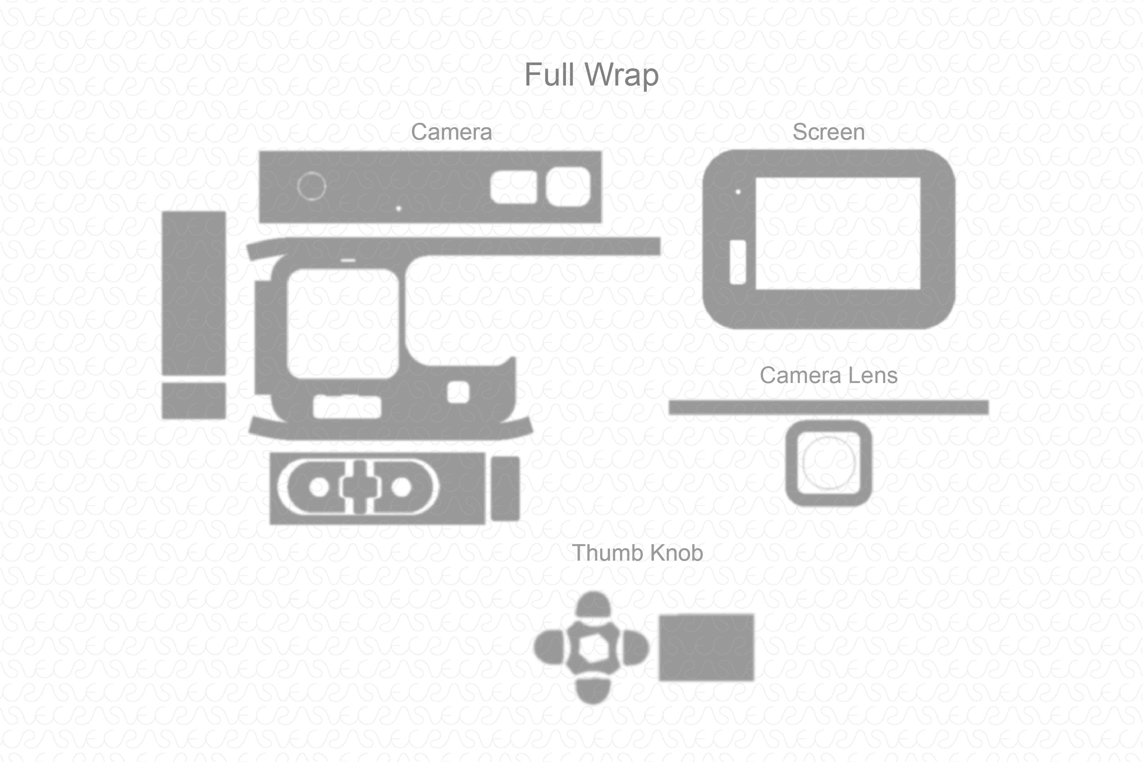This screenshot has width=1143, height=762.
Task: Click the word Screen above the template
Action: (828, 132)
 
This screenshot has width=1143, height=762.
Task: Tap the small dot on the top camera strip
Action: (398, 209)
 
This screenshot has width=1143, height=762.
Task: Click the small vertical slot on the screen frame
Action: (738, 262)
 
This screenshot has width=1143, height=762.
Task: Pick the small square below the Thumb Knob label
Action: (706, 647)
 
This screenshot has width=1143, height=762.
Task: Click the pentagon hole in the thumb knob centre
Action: (592, 647)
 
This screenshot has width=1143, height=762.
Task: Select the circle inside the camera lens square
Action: (828, 463)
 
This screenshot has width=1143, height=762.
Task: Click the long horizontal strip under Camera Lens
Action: (828, 407)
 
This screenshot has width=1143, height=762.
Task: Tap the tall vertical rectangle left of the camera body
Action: (194, 293)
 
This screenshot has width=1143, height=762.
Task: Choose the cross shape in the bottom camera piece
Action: (359, 486)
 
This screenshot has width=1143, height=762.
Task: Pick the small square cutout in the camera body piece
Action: (458, 392)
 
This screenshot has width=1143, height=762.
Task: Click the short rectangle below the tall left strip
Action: (194, 401)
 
